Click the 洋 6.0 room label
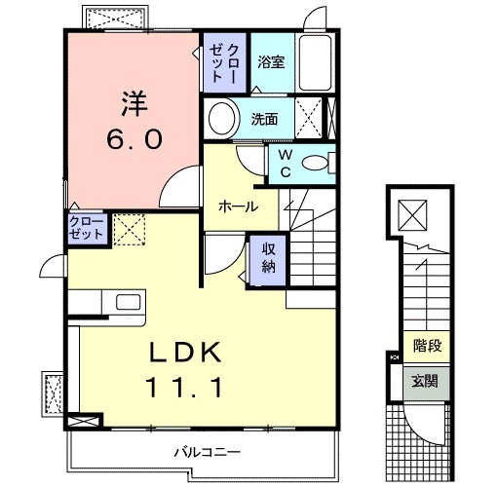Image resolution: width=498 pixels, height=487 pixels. (x=134, y=119)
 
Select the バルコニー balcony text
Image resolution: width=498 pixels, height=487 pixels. (x=207, y=452)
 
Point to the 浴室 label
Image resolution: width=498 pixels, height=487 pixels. (x=271, y=62)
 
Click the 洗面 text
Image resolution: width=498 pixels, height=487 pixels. (x=265, y=120)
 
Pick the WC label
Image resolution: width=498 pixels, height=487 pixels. (x=285, y=162)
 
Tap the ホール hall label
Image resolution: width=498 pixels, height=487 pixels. (x=239, y=206)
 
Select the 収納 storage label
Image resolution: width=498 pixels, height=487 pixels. (x=268, y=257)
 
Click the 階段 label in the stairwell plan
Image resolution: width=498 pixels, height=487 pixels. (x=427, y=344)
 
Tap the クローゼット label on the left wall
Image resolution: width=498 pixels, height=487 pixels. (x=86, y=228)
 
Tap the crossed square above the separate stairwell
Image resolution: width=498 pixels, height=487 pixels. (x=416, y=212)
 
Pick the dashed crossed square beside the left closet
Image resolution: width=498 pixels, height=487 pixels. (x=128, y=230)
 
